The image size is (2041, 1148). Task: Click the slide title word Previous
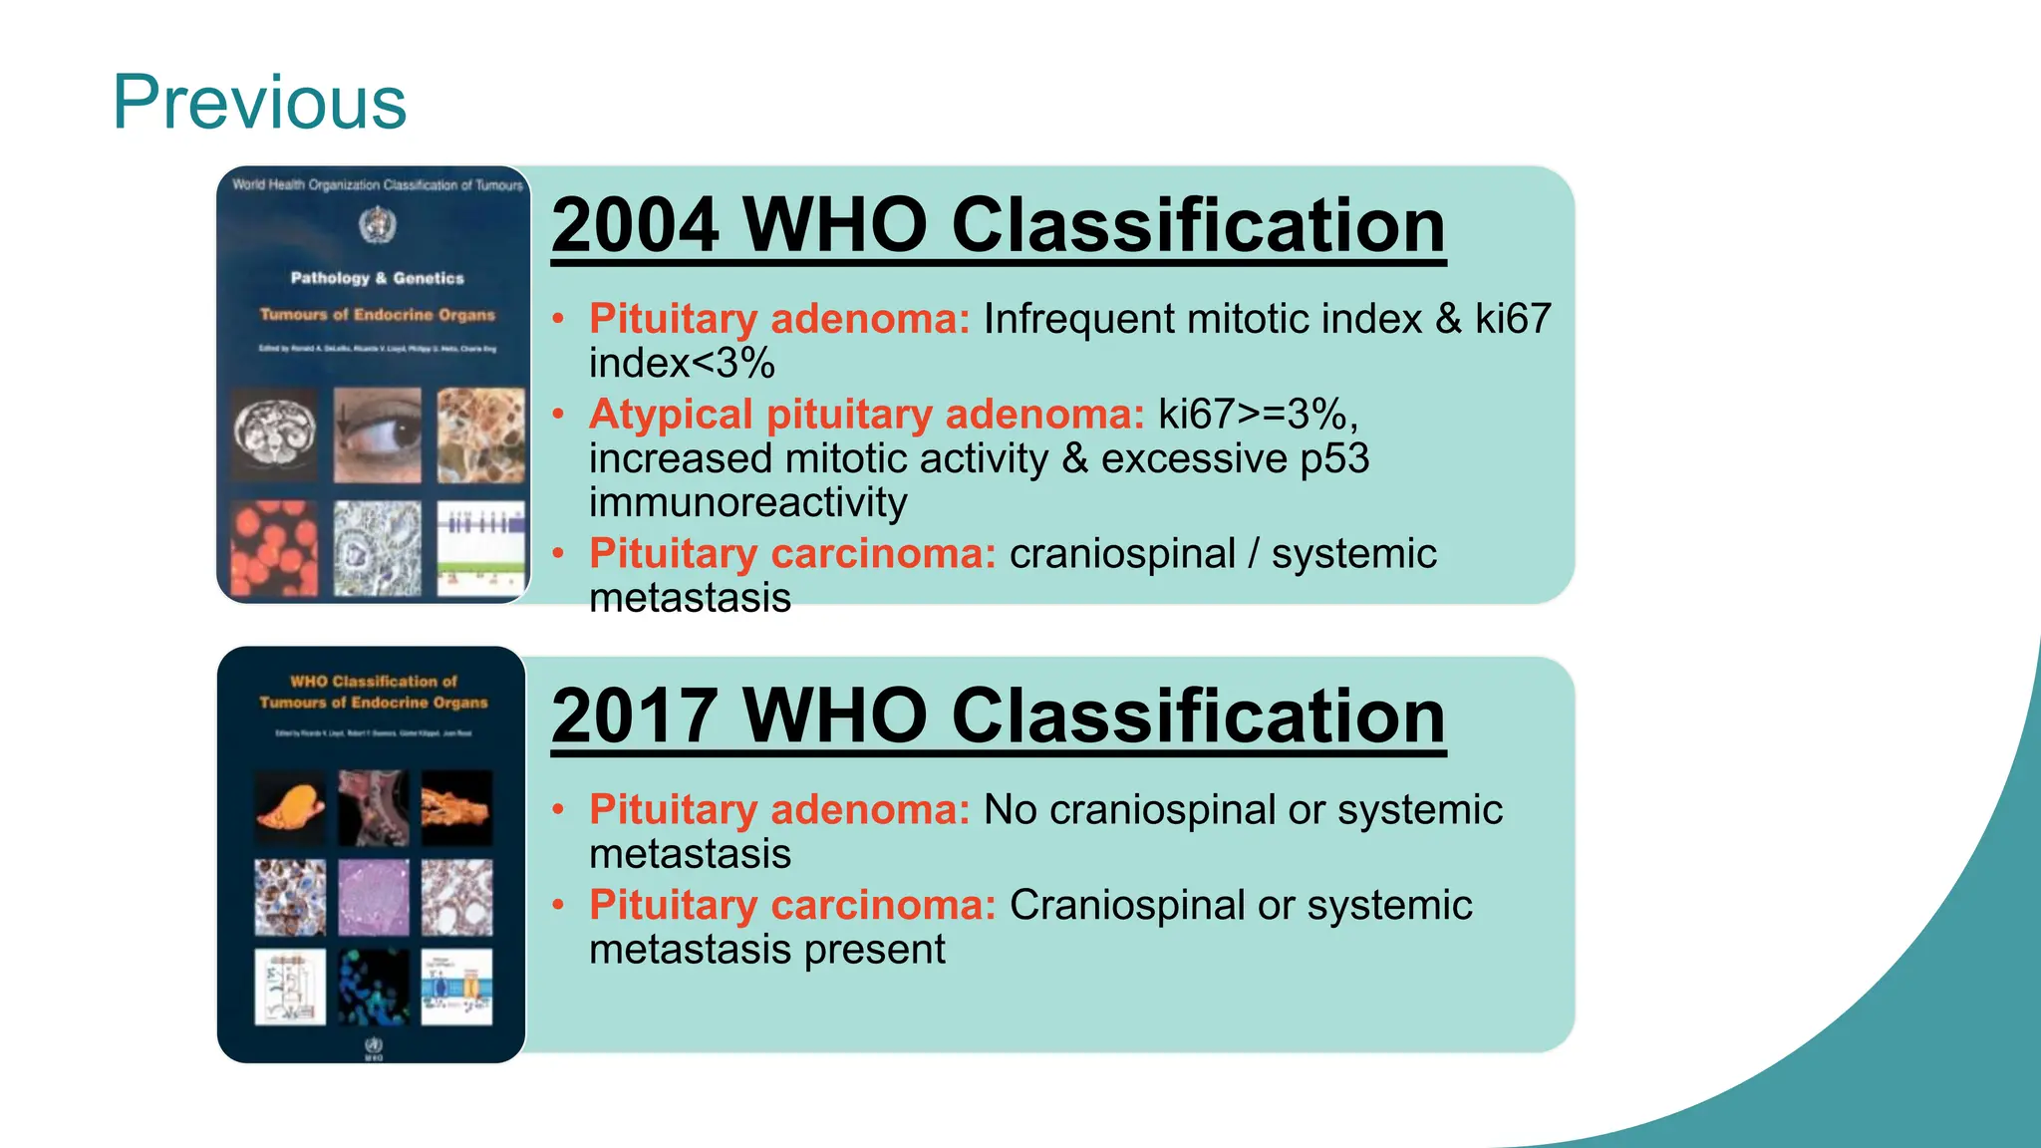point(259,103)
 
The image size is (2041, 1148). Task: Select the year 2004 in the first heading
point(635,225)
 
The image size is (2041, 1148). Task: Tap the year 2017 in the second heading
point(635,716)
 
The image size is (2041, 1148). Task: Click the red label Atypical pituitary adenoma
point(866,415)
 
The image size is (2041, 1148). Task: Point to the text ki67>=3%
point(1258,415)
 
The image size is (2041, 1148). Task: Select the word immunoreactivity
point(747,502)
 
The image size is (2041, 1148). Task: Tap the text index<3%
point(682,364)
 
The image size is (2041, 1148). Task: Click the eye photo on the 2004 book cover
point(377,435)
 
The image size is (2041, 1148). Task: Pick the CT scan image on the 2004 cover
point(274,435)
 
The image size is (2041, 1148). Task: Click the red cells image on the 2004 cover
point(274,548)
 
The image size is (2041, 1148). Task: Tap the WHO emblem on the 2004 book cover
point(377,224)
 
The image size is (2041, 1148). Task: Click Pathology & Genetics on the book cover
point(377,278)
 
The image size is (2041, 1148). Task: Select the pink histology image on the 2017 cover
point(374,897)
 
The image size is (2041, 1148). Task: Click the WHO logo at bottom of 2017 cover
point(374,1047)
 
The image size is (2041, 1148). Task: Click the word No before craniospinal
point(1010,810)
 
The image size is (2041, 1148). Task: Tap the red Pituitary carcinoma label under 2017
point(792,906)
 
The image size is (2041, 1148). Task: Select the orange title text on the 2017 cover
point(374,692)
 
